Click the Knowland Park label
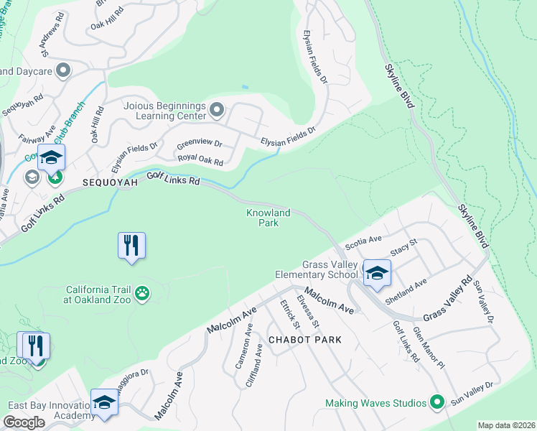(x=268, y=218)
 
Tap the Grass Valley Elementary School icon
(x=376, y=273)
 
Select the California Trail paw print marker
(x=143, y=292)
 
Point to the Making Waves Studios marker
(x=435, y=403)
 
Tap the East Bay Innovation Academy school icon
(x=104, y=402)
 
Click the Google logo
(x=24, y=422)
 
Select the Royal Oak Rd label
(x=200, y=161)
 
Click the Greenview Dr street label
(x=199, y=143)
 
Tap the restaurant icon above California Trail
(x=131, y=245)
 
